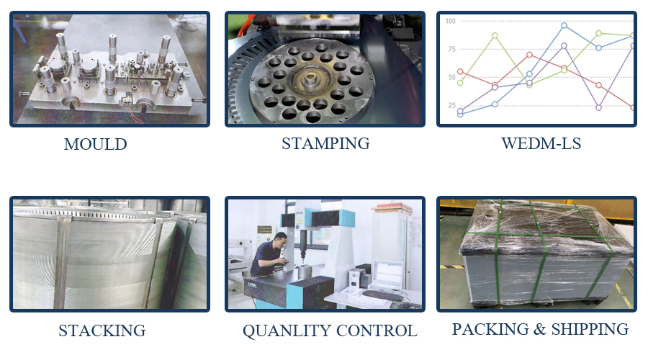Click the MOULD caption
[x=95, y=144]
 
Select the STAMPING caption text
[x=325, y=143]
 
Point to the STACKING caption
[x=102, y=331]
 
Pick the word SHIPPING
[x=590, y=329]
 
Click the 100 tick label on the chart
[x=451, y=21]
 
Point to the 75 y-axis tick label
[x=451, y=49]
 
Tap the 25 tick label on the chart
[x=451, y=106]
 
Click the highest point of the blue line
[x=564, y=25]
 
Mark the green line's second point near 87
[x=495, y=35]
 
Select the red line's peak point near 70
[x=529, y=55]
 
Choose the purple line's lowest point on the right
[x=599, y=107]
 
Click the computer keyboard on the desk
[x=382, y=295]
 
